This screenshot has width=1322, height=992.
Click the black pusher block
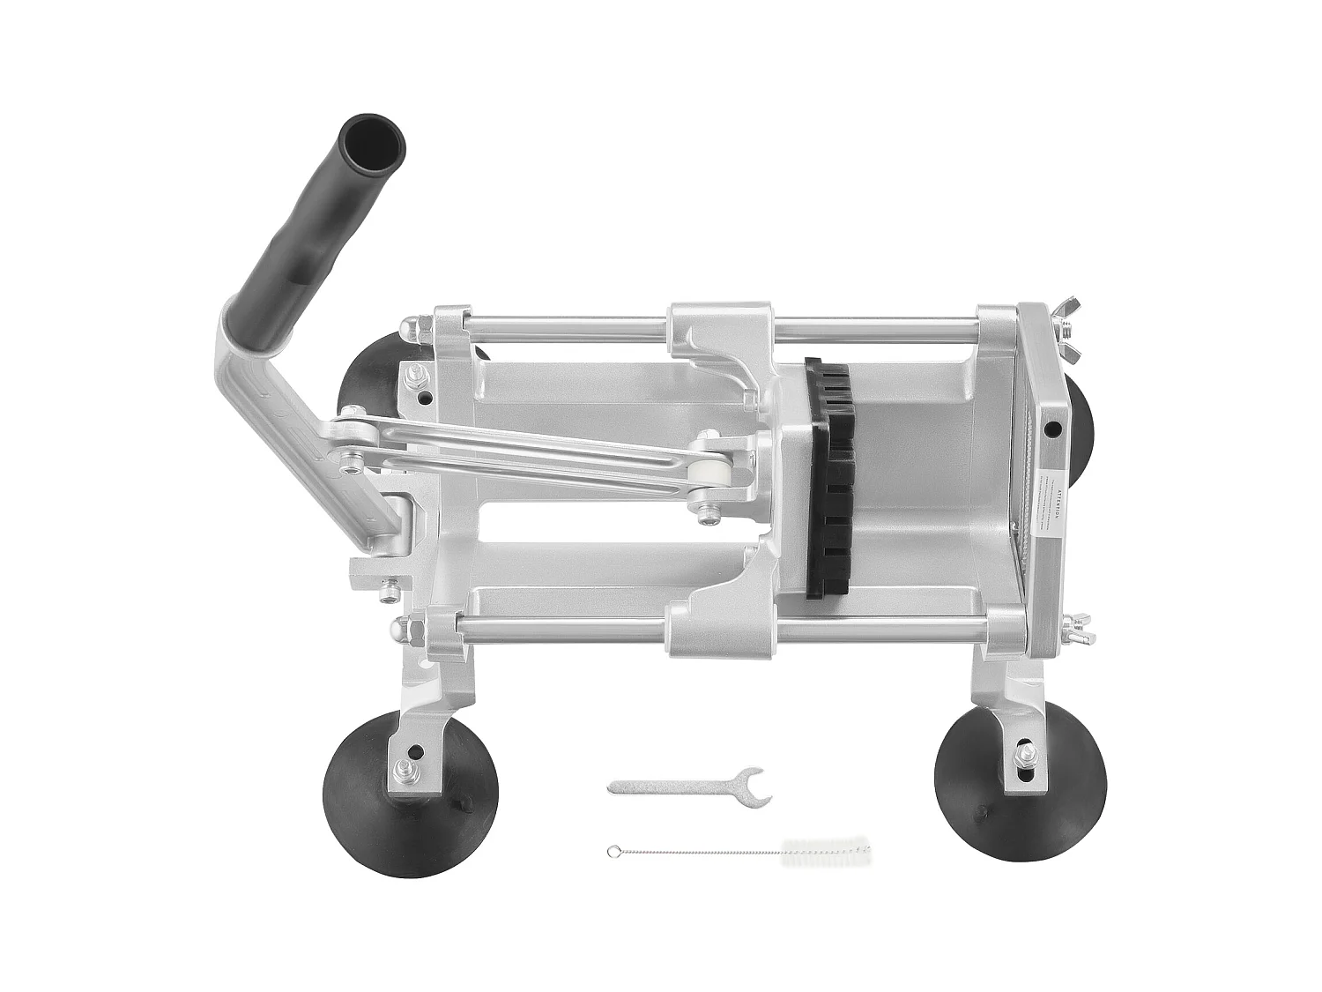tap(829, 476)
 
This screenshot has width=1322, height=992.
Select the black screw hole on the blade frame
tap(1052, 431)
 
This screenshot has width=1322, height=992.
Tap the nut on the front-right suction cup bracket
tap(1024, 755)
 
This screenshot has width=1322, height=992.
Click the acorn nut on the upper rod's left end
tap(407, 330)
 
